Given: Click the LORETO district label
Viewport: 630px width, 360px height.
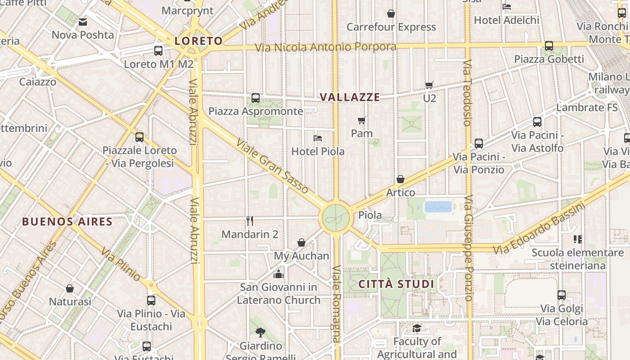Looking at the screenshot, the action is [x=198, y=41].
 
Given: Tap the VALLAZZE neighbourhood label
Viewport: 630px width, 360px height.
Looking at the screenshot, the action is [x=350, y=97].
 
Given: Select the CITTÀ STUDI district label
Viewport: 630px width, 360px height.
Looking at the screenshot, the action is [x=396, y=284].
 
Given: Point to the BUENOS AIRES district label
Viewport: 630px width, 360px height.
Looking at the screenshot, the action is [x=67, y=221].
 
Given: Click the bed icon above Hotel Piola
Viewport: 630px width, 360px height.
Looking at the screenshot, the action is [x=318, y=138].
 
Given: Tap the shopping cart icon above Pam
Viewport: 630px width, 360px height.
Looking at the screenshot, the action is [x=361, y=120].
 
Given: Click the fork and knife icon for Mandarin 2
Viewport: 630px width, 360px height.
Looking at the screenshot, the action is [x=250, y=220].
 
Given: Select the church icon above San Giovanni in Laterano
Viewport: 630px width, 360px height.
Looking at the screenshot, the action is [x=279, y=274].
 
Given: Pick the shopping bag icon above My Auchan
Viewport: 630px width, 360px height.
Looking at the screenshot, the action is [x=301, y=243].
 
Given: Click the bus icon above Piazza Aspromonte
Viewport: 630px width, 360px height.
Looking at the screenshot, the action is [x=256, y=98].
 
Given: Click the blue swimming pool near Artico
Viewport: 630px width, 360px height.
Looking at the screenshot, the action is [x=438, y=207].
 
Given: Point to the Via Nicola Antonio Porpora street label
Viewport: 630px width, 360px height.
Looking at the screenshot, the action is [x=325, y=47].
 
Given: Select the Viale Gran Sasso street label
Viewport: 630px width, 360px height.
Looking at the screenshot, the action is [x=272, y=166].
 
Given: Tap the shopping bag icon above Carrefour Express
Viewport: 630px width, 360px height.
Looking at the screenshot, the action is [x=391, y=14].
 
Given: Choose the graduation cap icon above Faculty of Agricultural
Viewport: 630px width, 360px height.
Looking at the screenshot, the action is [x=417, y=328].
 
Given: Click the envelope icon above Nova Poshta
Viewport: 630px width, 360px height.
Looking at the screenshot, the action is [x=83, y=22].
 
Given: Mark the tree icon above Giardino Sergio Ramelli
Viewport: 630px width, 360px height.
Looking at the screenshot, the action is [x=260, y=333].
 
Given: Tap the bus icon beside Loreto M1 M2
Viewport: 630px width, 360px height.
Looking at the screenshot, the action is [x=158, y=50].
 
